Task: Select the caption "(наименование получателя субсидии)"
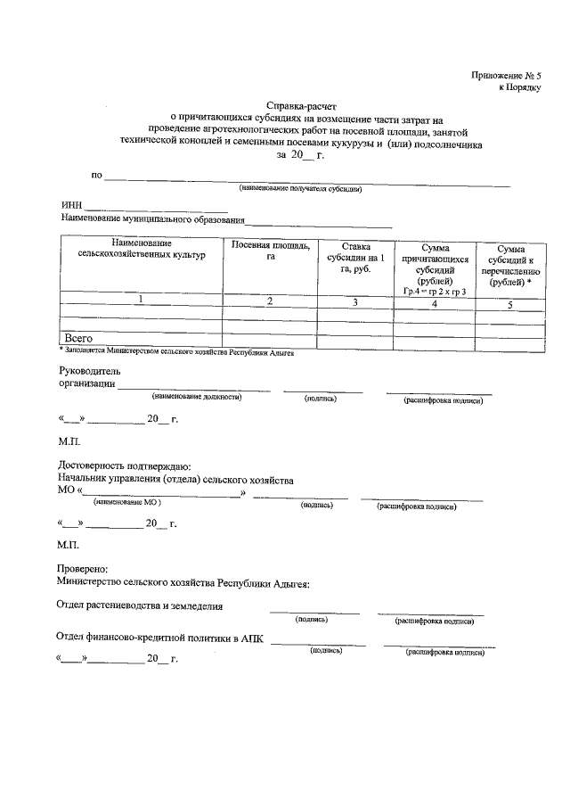click(300, 189)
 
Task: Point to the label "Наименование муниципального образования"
click(152, 219)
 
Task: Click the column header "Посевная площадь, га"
click(270, 251)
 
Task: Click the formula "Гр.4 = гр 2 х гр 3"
click(435, 292)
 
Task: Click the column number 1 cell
click(141, 300)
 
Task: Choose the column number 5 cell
click(510, 305)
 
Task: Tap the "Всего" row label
click(79, 339)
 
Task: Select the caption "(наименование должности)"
click(197, 396)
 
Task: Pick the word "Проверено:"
click(83, 568)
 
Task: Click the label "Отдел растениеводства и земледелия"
click(141, 606)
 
